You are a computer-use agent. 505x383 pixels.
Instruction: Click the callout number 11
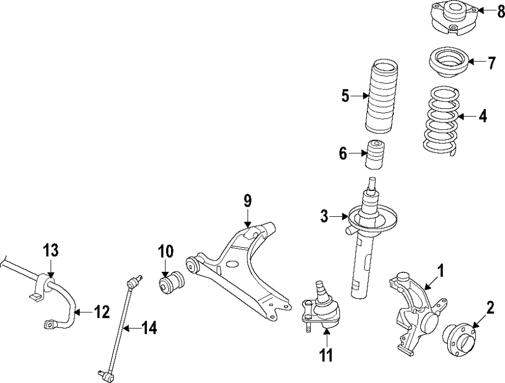click(326, 355)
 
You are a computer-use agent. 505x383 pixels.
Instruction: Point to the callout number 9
click(247, 201)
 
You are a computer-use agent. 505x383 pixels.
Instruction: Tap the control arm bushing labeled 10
click(170, 282)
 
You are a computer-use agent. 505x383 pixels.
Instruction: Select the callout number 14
click(149, 328)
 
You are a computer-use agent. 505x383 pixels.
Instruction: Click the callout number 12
click(102, 312)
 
